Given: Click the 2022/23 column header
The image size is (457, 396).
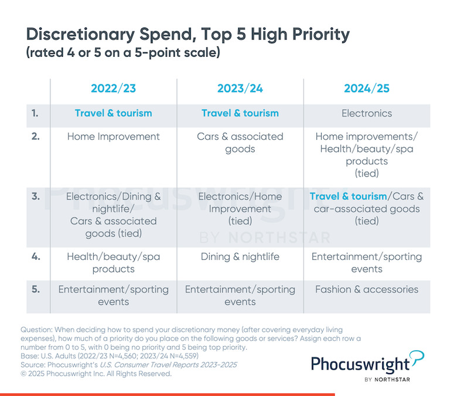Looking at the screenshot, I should point(113,89).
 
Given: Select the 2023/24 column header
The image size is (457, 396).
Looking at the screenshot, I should point(240,89).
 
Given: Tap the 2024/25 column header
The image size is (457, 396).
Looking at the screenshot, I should point(367,89).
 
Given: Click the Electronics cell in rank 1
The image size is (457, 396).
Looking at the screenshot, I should point(367,113).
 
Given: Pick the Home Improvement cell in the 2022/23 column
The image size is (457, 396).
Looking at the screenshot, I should point(113,137).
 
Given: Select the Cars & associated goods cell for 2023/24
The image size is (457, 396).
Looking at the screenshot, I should point(240,143).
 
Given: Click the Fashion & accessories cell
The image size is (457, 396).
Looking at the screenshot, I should point(367,289).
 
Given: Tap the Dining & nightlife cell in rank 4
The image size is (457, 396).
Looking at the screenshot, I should point(240,256).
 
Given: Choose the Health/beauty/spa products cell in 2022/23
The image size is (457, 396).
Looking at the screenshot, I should point(113,263).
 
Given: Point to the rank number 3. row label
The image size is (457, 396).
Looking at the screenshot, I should point(36,196).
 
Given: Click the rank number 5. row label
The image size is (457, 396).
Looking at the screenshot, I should point(36,289).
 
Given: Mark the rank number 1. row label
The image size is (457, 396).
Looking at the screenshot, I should point(36,113).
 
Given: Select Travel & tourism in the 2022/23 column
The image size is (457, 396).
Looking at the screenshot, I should point(113,113).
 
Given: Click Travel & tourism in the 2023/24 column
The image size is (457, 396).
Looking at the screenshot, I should point(240,113).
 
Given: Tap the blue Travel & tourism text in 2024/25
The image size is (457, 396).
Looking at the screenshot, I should point(348,196).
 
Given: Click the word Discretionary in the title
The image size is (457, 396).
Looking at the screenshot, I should point(76,34).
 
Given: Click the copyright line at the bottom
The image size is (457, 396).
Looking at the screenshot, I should point(96,374).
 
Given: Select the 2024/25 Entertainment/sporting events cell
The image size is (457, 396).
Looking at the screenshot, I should point(367,263).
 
